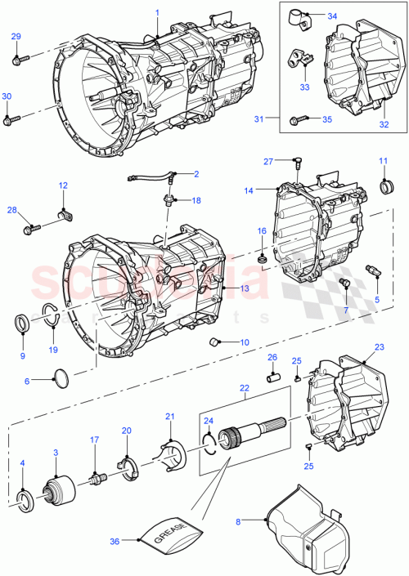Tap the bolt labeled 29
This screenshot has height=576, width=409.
click(x=20, y=59)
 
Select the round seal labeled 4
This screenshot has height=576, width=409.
click(x=25, y=498)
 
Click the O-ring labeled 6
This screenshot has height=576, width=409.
click(x=60, y=377)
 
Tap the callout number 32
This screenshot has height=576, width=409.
click(x=384, y=126)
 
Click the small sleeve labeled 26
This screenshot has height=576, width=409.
click(x=276, y=378)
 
